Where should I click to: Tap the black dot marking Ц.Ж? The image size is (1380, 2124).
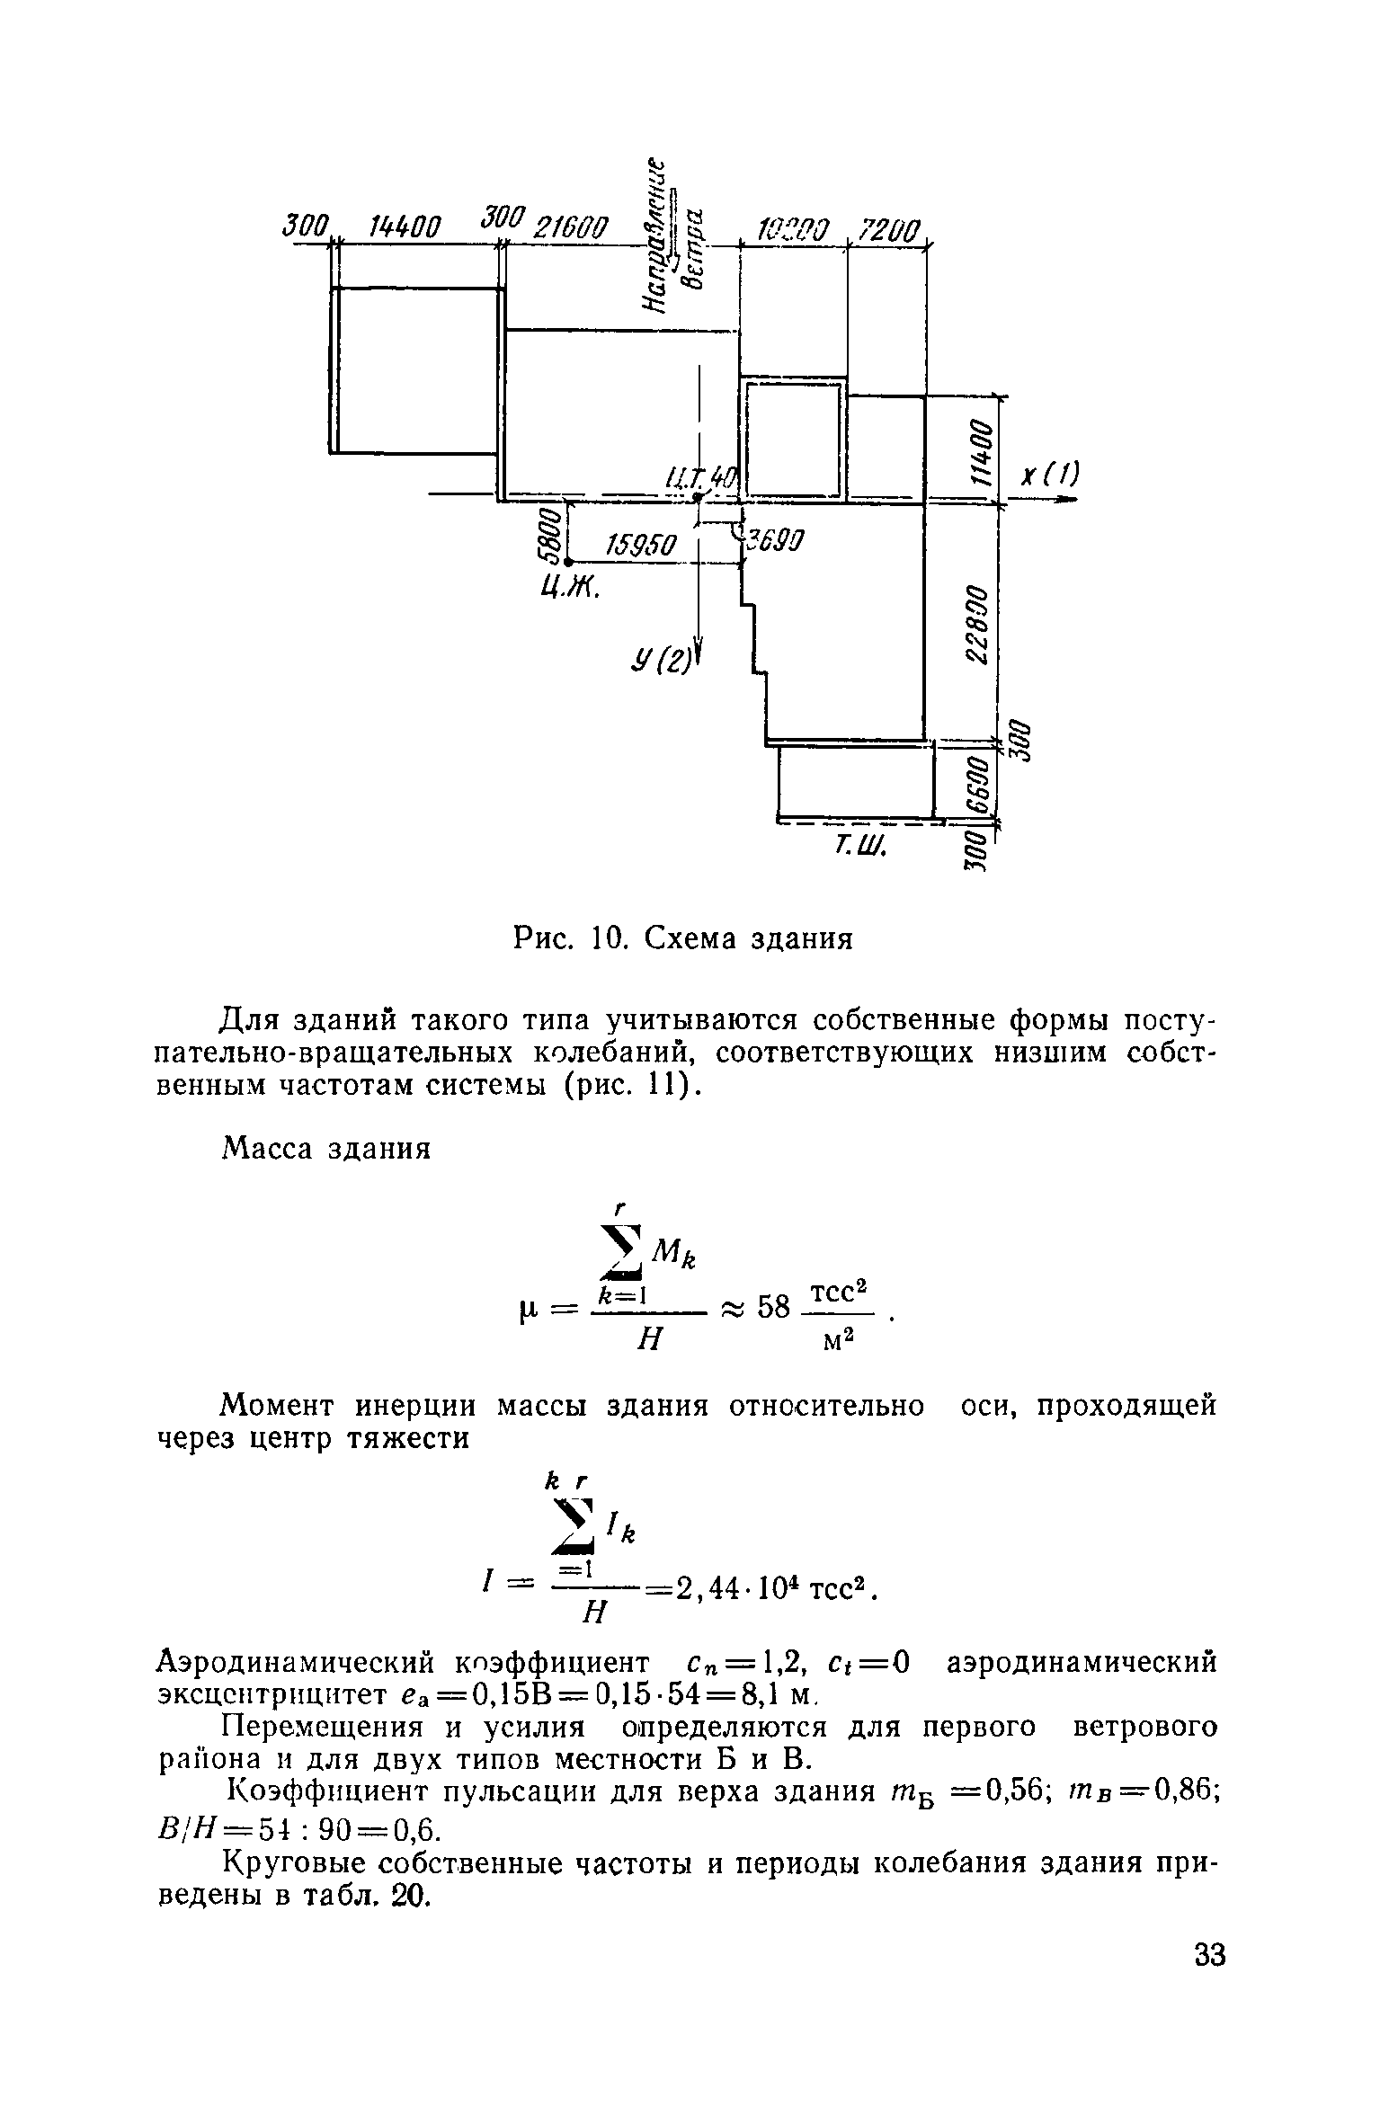pyautogui.click(x=569, y=562)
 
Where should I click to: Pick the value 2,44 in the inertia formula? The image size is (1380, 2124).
pyautogui.click(x=703, y=1590)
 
